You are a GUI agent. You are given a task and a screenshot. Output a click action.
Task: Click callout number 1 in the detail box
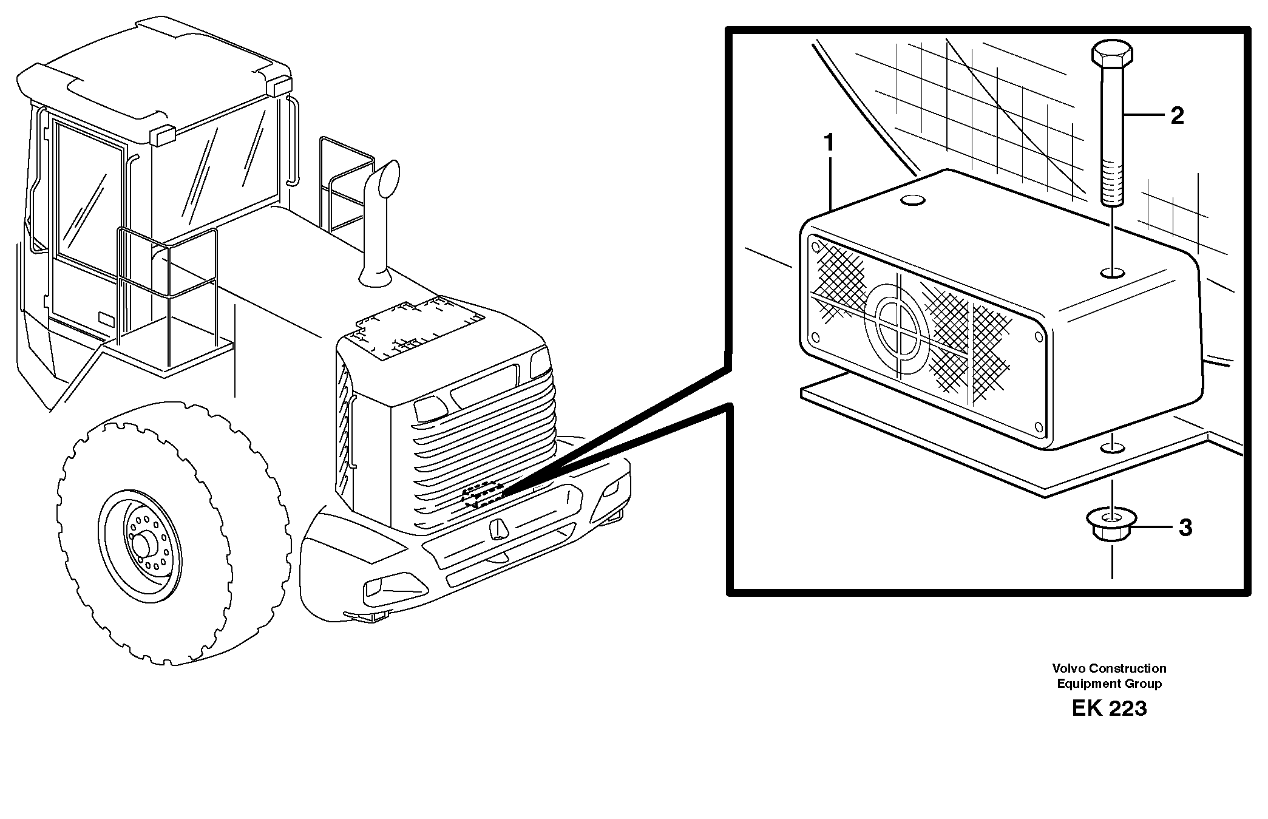coord(829,144)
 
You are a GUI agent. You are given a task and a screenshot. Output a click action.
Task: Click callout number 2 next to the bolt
coord(1176,116)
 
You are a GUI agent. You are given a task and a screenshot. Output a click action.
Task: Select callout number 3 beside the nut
coord(1185,528)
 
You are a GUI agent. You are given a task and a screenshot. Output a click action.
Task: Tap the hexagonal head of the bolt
coord(1112,53)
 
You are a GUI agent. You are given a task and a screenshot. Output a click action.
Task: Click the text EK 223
coord(1109,709)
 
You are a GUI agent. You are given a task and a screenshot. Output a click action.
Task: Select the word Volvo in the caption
coord(1069,668)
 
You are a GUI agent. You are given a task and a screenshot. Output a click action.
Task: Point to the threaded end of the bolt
coord(1112,182)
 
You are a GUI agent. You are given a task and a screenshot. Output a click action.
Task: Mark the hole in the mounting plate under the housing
coord(1112,448)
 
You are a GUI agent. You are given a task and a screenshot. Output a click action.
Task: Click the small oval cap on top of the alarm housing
coord(912,199)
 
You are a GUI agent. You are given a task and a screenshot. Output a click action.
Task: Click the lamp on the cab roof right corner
coord(279,86)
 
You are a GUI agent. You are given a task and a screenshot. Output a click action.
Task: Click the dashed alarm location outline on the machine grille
coord(483,495)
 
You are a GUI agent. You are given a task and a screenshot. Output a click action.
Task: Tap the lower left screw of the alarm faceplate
coord(815,337)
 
